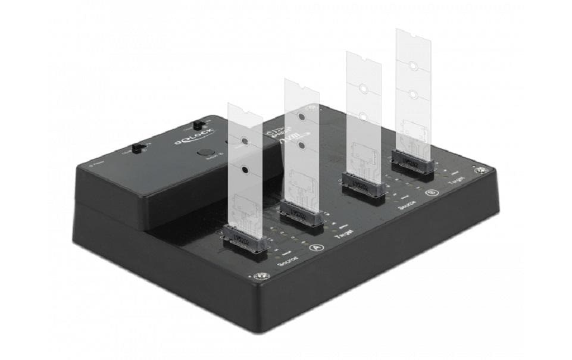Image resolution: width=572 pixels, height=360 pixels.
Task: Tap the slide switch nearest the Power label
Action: tap(139, 148)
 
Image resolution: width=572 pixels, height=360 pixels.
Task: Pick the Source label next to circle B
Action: tap(406, 205)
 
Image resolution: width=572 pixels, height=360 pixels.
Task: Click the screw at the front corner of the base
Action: tap(260, 277)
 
